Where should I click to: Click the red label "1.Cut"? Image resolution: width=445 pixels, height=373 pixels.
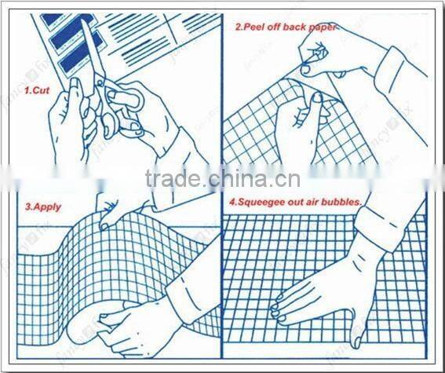click(x=37, y=90)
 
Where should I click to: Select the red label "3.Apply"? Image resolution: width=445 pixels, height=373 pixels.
click(x=43, y=207)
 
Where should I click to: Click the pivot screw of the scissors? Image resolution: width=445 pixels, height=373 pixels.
click(x=100, y=83)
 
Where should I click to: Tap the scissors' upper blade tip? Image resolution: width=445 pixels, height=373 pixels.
click(x=83, y=20)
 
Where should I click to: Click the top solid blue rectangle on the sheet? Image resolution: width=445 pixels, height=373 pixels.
click(x=53, y=18)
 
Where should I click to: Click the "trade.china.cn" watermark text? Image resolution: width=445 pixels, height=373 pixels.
click(x=223, y=178)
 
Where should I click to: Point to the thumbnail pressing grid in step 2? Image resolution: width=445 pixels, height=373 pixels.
click(x=316, y=98)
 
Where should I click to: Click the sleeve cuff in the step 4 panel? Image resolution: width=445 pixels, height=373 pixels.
click(x=378, y=226)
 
